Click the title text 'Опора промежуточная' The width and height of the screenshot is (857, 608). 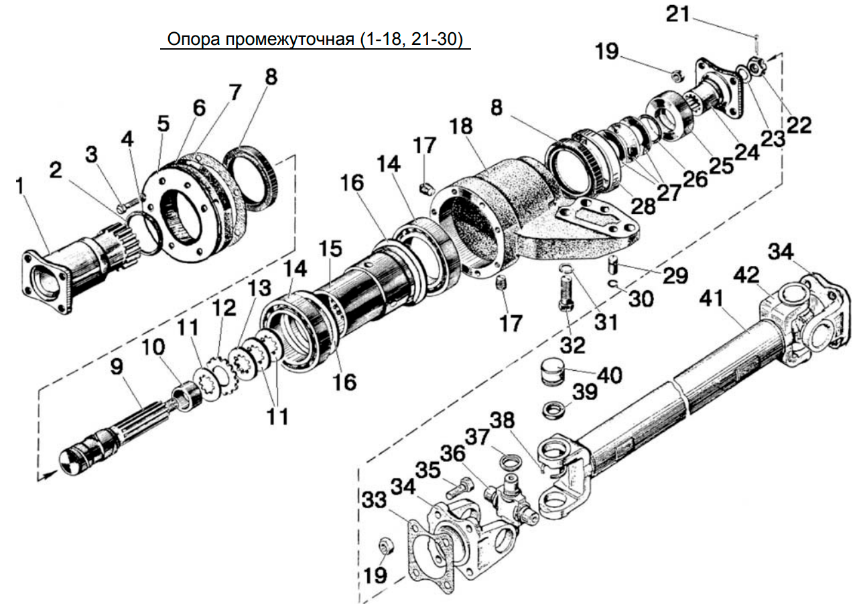click(x=260, y=39)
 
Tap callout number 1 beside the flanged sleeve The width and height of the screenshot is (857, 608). click(x=19, y=186)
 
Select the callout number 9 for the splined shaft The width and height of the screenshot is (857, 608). click(x=117, y=367)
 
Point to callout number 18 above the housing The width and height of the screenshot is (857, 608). click(x=462, y=126)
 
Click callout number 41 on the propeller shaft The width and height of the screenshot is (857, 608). click(x=711, y=298)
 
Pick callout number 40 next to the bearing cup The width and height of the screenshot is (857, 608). click(x=610, y=375)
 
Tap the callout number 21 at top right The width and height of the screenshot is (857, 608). click(x=677, y=15)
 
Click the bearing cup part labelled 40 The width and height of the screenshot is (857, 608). click(x=551, y=374)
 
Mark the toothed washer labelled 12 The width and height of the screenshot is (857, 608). click(x=220, y=376)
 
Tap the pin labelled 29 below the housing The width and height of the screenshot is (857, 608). click(x=612, y=264)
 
